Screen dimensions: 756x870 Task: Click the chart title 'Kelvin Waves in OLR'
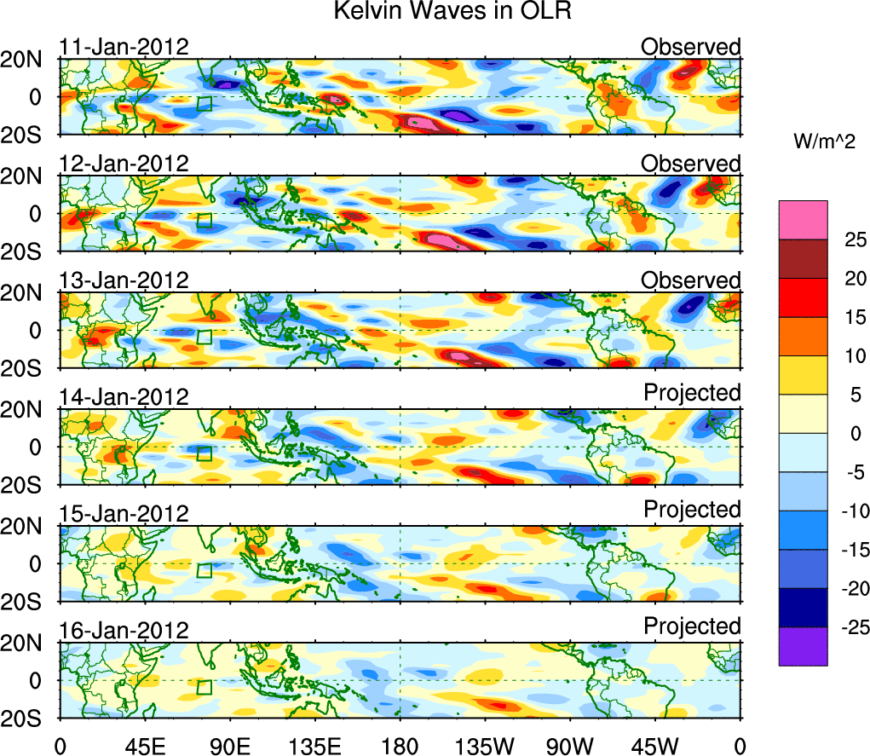click(x=449, y=12)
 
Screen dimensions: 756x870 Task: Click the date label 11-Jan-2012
click(x=124, y=47)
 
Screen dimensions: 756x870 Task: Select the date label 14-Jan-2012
click(x=124, y=397)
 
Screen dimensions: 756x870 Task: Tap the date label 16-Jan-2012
click(x=124, y=631)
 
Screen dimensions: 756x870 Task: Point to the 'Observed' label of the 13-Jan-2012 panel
click(x=691, y=280)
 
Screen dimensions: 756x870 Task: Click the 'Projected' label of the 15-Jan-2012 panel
click(x=692, y=509)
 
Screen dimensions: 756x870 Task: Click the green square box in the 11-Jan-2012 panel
click(x=204, y=104)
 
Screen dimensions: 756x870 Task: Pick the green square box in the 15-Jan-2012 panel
click(x=204, y=571)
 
